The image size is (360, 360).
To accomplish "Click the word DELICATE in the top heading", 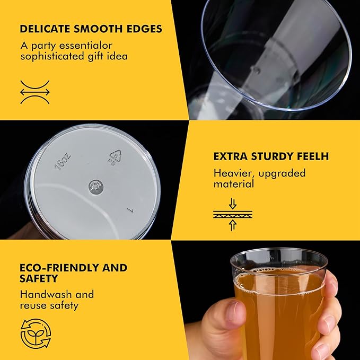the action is point(45,29).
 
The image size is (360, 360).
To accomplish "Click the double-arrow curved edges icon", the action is point(35,92).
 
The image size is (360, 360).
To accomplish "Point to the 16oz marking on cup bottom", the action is point(63,161).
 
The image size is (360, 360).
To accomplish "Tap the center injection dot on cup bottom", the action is point(96,187).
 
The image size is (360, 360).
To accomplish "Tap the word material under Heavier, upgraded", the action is point(234,184).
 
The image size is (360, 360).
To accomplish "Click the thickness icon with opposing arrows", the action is point(233,214).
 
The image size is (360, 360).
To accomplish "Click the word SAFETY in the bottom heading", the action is point(39,278).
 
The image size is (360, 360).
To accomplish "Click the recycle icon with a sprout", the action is point(36,333).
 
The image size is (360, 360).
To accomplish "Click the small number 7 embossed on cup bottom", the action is point(130,210).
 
